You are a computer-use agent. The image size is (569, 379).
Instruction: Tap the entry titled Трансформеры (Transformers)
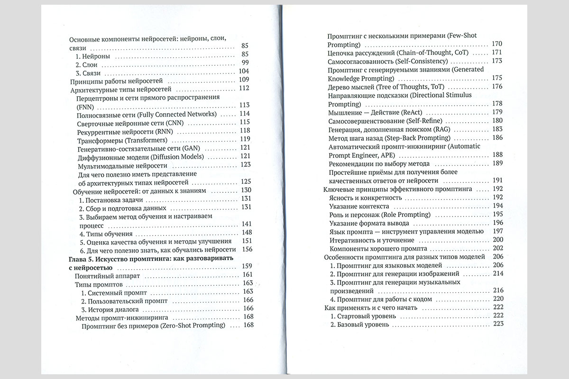(122, 139)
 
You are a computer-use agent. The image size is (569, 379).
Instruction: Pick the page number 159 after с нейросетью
(247, 266)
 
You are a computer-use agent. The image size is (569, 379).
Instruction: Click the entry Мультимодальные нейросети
(122, 165)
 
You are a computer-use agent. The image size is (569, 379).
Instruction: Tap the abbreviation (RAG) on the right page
(441, 129)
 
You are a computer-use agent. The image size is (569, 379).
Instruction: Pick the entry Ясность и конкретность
(365, 197)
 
